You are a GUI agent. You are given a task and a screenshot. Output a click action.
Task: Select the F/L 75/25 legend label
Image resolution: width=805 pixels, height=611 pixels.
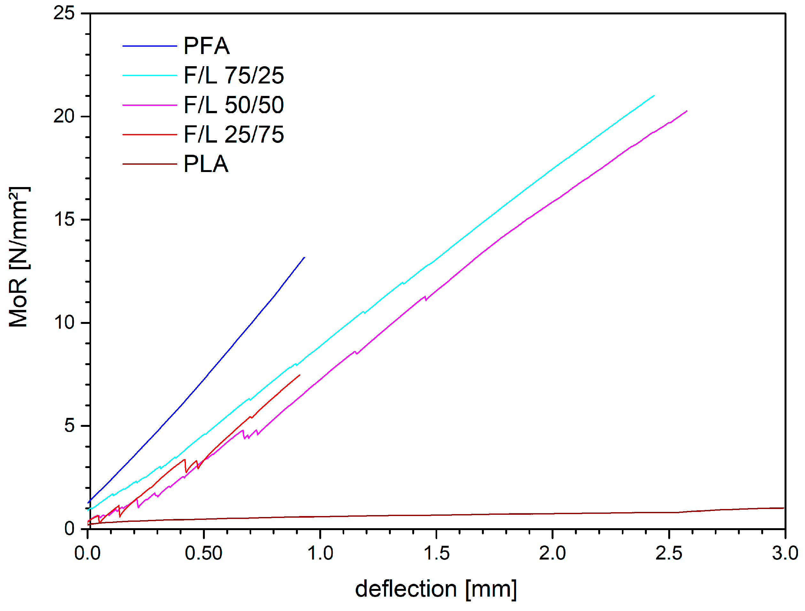[x=234, y=75]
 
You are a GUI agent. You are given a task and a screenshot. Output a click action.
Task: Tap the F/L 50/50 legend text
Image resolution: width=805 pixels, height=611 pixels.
[x=234, y=105]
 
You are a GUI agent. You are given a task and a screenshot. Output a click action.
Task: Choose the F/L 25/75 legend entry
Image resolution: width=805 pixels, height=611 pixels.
[x=234, y=134]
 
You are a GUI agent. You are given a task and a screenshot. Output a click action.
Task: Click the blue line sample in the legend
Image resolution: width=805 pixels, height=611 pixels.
[x=150, y=46]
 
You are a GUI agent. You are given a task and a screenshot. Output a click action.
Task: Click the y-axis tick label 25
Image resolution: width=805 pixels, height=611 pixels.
[x=64, y=13]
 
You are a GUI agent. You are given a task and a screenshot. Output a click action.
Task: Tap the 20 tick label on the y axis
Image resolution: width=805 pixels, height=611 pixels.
[x=64, y=116]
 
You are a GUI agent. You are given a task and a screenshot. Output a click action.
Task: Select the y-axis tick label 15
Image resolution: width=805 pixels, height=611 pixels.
[x=64, y=220]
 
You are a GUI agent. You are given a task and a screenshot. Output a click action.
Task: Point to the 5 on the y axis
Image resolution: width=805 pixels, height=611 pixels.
[x=69, y=425]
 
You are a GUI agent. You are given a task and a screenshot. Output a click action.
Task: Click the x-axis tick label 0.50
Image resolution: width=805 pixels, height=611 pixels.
[x=204, y=553]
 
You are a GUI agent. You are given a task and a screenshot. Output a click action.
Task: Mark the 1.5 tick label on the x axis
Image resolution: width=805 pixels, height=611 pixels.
[x=436, y=553]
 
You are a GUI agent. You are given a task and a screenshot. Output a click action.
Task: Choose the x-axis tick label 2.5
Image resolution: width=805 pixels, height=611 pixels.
[x=669, y=553]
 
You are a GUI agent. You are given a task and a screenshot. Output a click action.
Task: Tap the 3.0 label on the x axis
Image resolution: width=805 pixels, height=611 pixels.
[x=785, y=553]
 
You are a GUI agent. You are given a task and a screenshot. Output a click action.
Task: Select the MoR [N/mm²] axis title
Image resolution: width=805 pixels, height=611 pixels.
[x=19, y=257]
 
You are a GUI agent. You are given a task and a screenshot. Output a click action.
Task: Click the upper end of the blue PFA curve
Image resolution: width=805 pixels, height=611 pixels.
[x=304, y=257]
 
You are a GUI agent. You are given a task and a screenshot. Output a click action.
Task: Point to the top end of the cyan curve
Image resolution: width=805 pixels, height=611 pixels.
[x=654, y=96]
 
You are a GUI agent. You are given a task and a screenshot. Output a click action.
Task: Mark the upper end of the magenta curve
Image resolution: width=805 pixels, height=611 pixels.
[x=686, y=111]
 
